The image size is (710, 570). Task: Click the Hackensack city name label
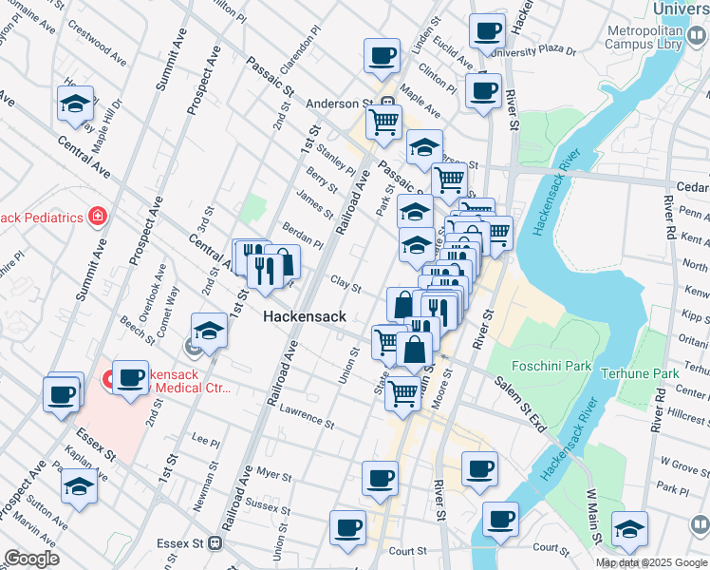point(303,315)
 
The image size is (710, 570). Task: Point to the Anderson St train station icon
point(387,103)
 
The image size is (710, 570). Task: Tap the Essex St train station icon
point(215,544)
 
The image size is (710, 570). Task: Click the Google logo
point(32,559)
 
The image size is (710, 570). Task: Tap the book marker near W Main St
point(700,524)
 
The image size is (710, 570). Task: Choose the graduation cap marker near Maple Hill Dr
point(75,104)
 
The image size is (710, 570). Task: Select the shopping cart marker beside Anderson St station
point(383,122)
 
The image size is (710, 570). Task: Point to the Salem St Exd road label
point(518,404)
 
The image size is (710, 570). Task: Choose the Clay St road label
point(346,285)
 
